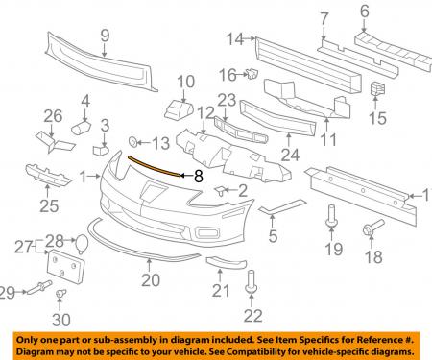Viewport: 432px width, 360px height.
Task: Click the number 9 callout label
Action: point(105,36)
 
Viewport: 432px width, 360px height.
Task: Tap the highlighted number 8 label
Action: point(199,176)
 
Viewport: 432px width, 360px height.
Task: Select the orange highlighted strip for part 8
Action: point(154,166)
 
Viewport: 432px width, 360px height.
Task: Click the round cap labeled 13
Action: point(132,141)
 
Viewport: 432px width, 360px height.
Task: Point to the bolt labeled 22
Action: point(251,281)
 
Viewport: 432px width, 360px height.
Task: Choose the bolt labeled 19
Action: point(331,216)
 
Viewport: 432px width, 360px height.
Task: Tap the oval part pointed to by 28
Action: point(81,244)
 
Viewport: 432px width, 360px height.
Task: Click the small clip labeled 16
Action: point(252,74)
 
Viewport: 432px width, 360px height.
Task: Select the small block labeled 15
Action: point(377,89)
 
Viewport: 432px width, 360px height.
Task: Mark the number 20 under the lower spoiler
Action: point(151,280)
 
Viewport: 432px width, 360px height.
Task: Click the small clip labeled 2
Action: point(221,190)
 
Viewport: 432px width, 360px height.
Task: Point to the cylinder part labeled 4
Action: point(81,127)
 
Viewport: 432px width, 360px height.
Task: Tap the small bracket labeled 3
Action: point(101,150)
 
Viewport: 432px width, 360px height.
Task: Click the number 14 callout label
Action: point(235,39)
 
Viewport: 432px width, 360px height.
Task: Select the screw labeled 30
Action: point(60,294)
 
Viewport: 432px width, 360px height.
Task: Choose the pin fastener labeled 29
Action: point(39,287)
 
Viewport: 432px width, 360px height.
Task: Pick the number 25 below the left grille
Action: point(49,205)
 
